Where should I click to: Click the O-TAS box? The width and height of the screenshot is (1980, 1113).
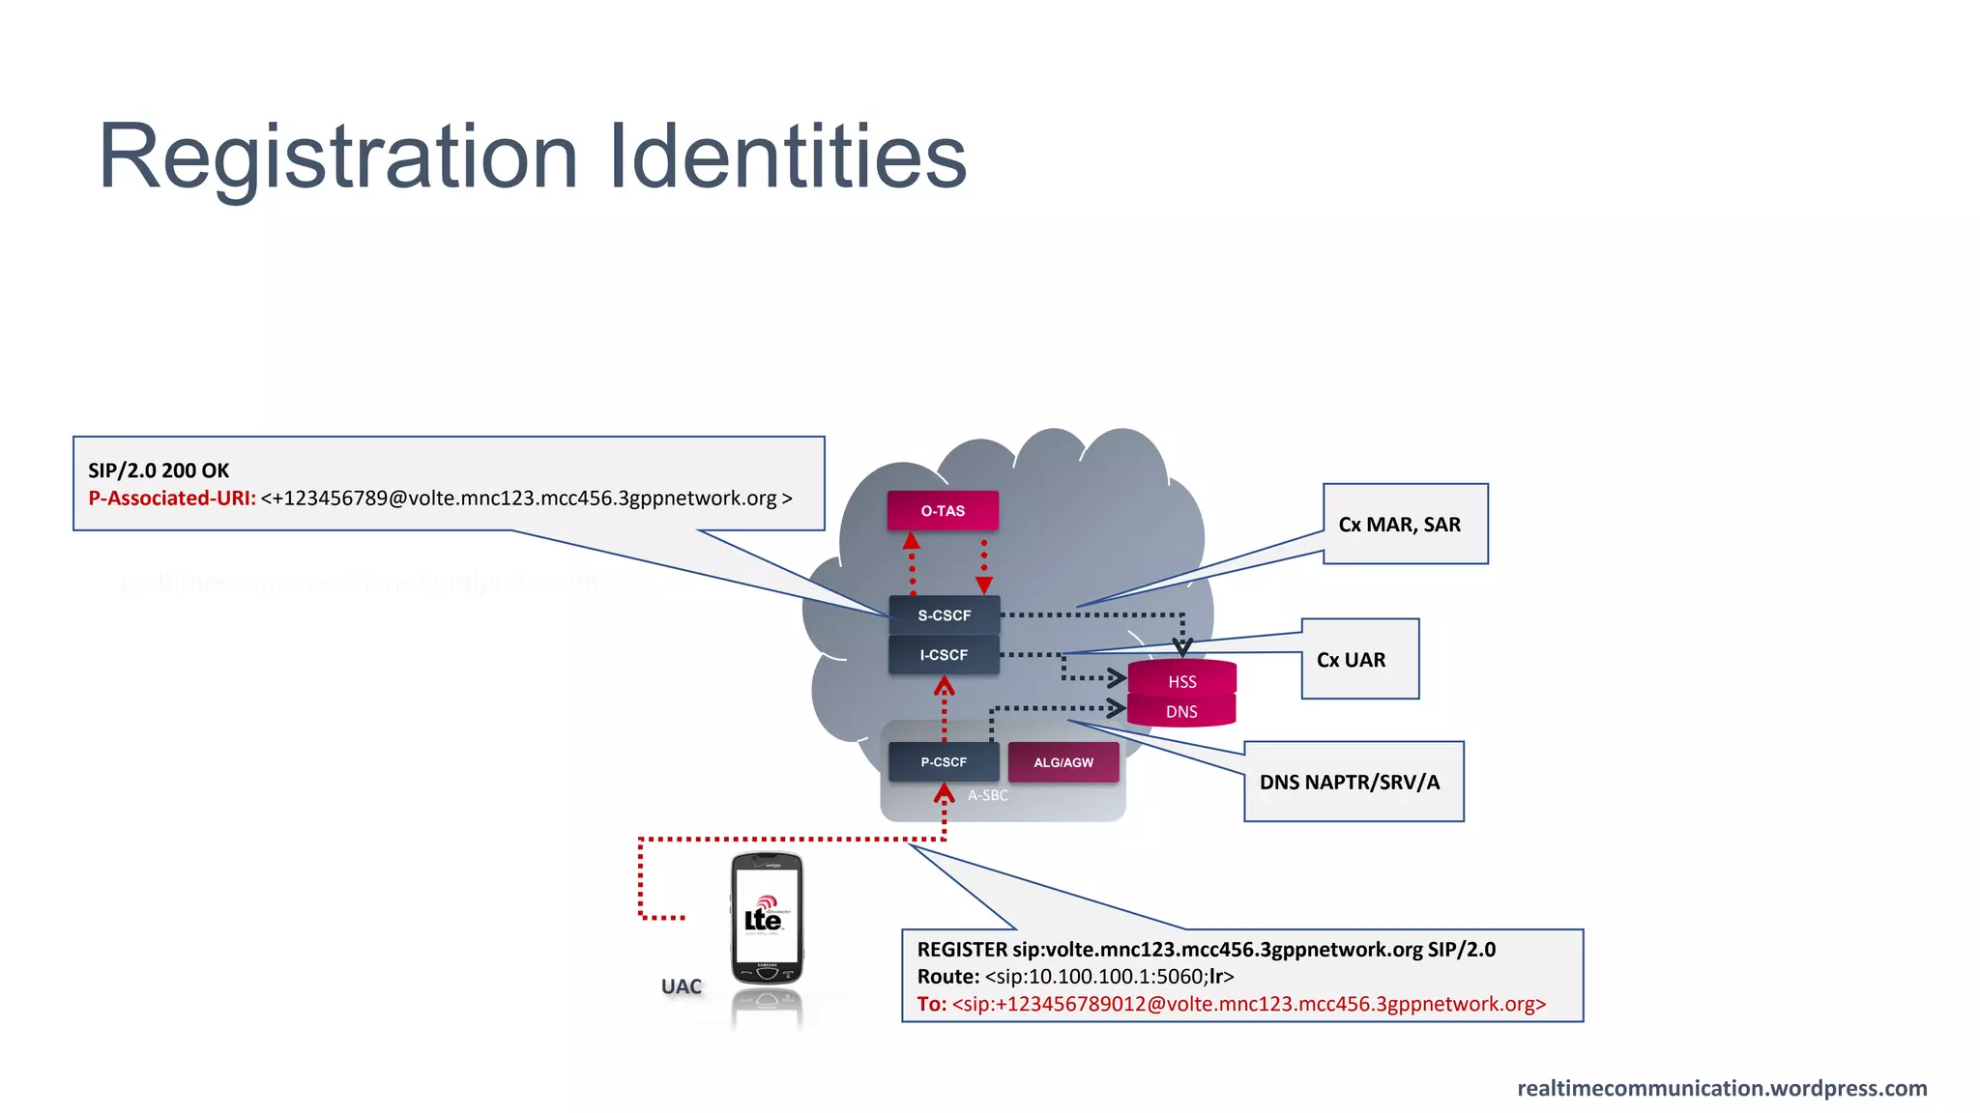[x=943, y=511]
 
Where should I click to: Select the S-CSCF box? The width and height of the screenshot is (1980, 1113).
[x=944, y=615]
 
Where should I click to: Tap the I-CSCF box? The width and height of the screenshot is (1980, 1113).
[x=944, y=655]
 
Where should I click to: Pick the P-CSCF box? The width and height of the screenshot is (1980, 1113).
[x=944, y=762]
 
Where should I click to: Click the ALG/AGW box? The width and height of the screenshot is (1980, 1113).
[x=1063, y=762]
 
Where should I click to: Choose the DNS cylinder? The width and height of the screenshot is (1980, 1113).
[x=1181, y=712]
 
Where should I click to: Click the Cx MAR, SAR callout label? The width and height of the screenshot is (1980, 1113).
[x=1399, y=525]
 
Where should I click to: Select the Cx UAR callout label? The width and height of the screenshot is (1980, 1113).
[x=1352, y=660]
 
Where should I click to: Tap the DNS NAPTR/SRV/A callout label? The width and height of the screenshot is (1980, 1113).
[x=1350, y=783]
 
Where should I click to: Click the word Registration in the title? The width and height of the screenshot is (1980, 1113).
[x=338, y=157]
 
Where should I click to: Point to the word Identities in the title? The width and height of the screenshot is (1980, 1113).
[x=788, y=157]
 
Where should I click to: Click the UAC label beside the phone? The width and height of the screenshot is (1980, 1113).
[x=682, y=986]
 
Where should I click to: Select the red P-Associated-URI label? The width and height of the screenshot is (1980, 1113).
[x=172, y=499]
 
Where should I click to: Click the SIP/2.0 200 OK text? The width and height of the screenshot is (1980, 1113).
[x=159, y=471]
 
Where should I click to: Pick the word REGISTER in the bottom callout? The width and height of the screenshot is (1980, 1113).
[x=961, y=950]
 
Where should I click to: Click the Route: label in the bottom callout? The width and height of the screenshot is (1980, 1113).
[x=948, y=977]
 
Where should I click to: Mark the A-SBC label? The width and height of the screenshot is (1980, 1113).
[x=988, y=795]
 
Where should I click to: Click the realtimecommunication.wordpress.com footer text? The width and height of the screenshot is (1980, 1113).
[x=1722, y=1088]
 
